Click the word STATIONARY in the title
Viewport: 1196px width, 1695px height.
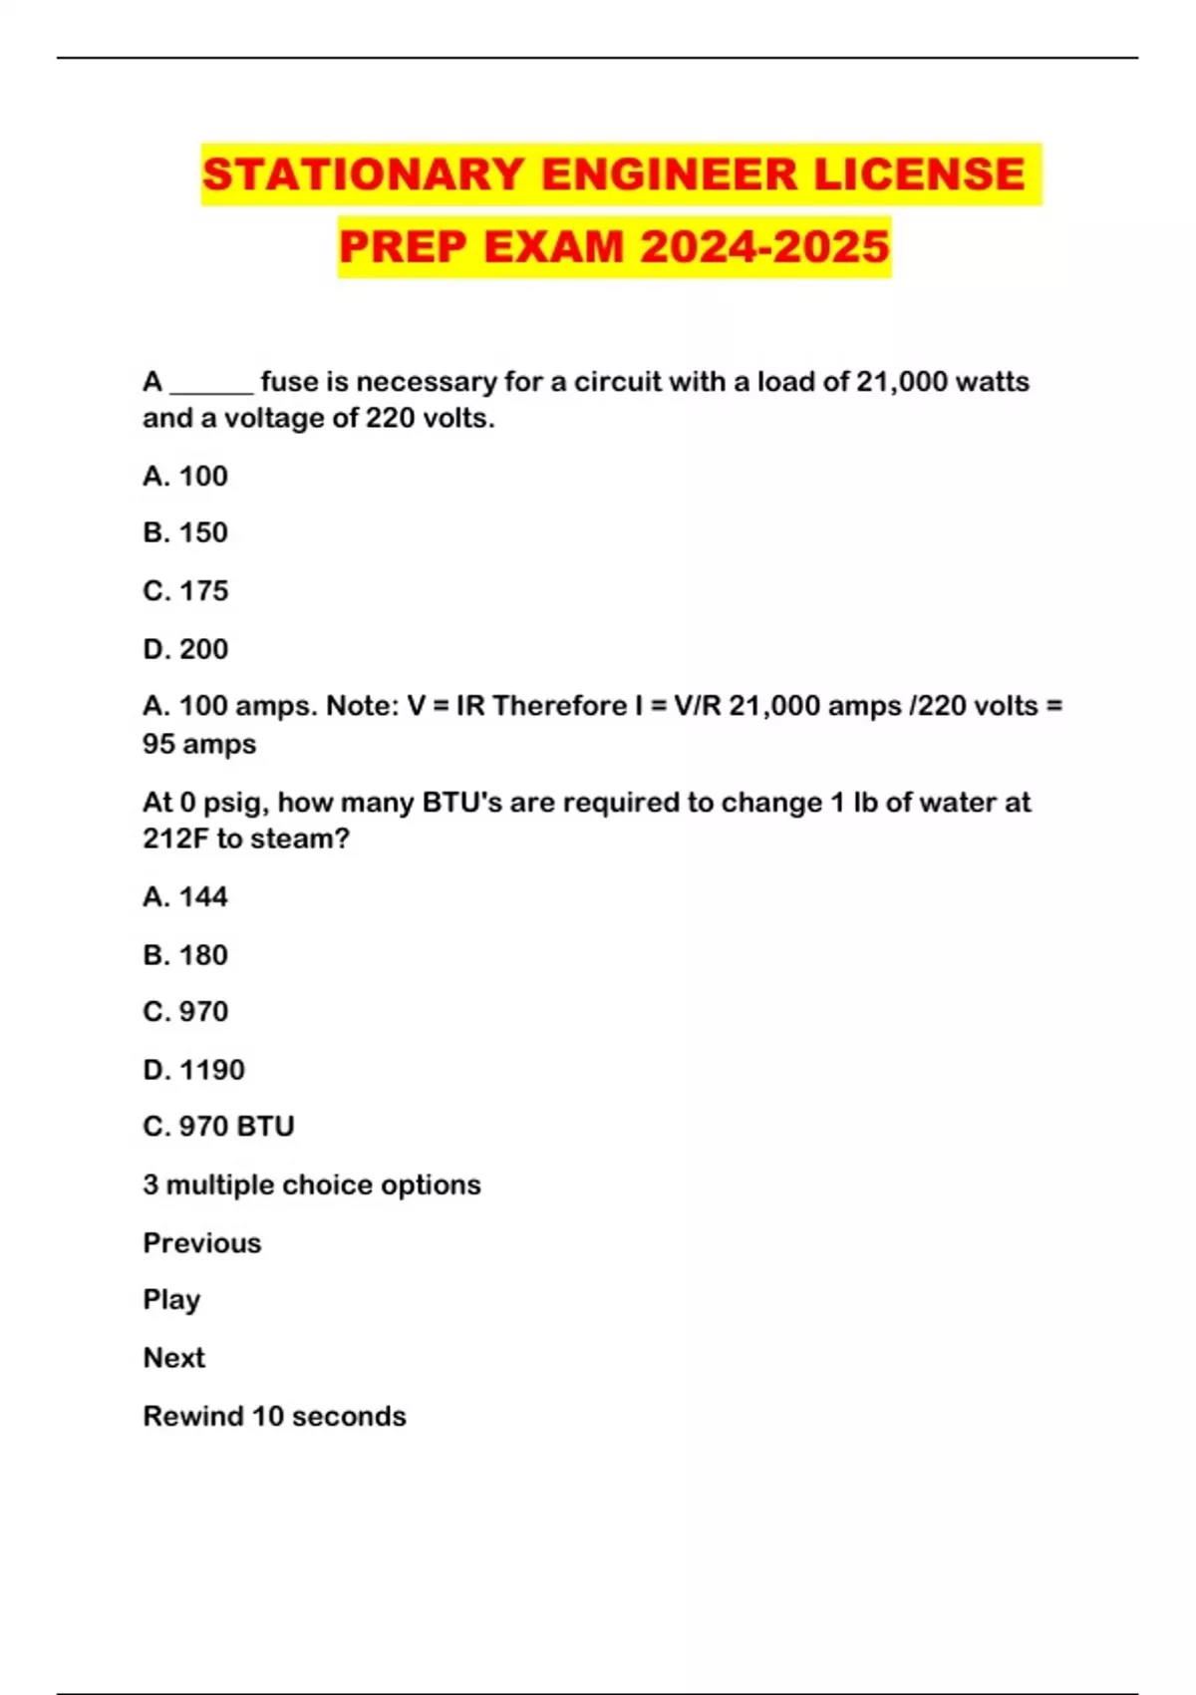[363, 174]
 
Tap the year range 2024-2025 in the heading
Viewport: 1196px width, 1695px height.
[764, 247]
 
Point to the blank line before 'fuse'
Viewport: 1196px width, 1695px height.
[211, 384]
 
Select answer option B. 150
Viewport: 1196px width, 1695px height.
[185, 532]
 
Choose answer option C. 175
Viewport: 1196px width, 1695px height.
[185, 591]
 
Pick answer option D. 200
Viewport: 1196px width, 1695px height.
[185, 649]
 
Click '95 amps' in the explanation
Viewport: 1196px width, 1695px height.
[199, 745]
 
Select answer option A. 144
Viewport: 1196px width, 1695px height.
[185, 897]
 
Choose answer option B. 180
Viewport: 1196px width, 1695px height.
[185, 955]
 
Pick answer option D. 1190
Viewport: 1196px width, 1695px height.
[193, 1070]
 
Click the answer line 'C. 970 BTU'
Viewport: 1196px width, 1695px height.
[218, 1127]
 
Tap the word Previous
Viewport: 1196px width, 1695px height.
[202, 1243]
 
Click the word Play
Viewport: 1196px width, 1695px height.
[171, 1300]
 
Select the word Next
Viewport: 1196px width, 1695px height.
[174, 1358]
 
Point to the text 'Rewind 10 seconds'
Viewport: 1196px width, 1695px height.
[274, 1417]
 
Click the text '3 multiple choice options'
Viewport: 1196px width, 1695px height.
[312, 1186]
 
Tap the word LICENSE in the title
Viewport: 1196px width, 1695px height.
[919, 174]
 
